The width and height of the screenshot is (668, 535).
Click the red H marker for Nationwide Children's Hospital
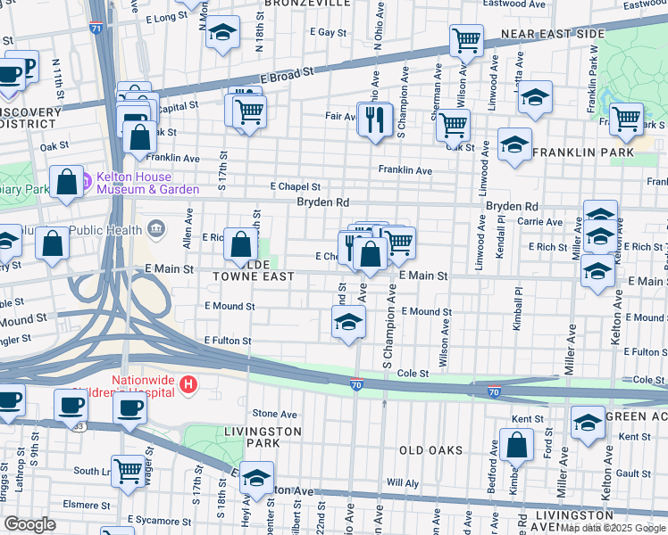(x=188, y=384)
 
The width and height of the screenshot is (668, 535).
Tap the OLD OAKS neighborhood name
(x=430, y=450)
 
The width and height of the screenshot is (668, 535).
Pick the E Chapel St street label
(x=296, y=187)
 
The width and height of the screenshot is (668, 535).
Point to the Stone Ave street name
(x=274, y=414)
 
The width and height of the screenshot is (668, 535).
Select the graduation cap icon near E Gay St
(x=221, y=35)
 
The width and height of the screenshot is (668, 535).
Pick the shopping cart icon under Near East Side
(x=465, y=39)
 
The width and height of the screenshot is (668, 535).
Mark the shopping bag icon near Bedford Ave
(x=516, y=444)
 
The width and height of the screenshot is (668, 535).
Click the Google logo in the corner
(x=30, y=524)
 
